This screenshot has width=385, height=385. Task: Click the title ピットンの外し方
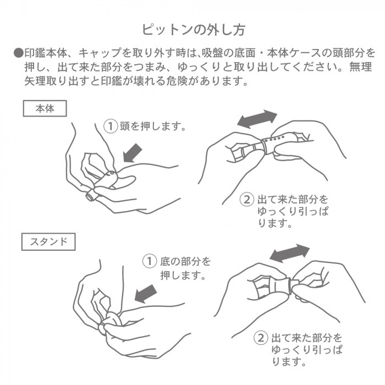click(194, 30)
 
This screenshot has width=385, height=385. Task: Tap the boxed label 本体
click(45, 108)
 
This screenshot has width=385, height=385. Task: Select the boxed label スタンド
click(48, 241)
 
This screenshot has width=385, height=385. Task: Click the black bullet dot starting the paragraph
click(18, 53)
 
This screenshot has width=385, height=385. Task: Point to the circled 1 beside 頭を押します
click(111, 126)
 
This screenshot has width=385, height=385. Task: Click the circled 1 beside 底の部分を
click(150, 261)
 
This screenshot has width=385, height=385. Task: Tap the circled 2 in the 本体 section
click(247, 199)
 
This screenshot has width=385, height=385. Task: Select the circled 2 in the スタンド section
click(261, 338)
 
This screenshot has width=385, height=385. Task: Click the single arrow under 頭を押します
click(133, 153)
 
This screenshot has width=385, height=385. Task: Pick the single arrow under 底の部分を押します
click(146, 294)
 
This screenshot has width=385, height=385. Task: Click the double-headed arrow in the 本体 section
click(257, 119)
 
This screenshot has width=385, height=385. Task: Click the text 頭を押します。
click(152, 126)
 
